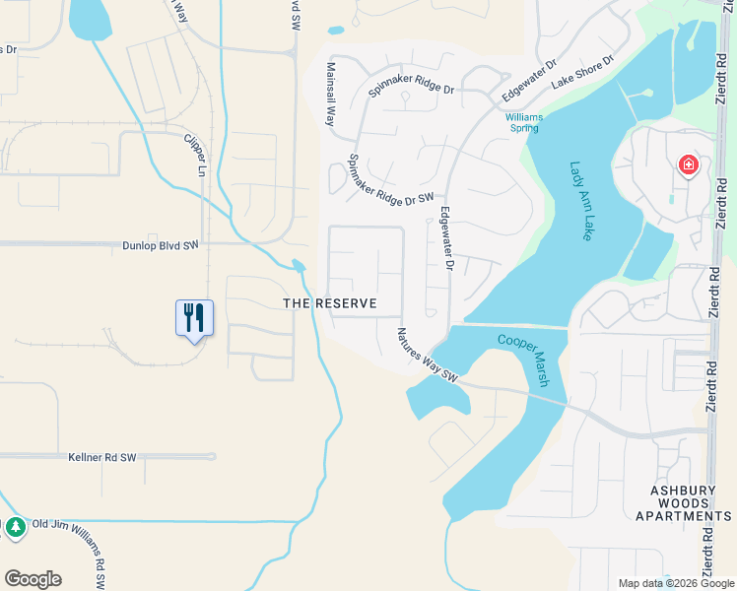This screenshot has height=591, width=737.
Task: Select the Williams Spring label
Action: (524, 123)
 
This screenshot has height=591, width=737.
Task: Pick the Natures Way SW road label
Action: (429, 356)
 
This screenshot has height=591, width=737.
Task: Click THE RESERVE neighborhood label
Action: (329, 303)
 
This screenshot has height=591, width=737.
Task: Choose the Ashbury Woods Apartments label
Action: (684, 502)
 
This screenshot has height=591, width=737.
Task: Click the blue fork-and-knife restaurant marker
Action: (194, 317)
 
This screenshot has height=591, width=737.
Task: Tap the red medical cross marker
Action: (687, 164)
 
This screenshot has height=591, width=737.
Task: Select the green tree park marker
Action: (15, 527)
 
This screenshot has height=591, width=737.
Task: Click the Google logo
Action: (33, 579)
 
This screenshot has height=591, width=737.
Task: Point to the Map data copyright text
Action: (676, 583)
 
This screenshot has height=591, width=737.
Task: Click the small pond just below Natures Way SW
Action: (434, 398)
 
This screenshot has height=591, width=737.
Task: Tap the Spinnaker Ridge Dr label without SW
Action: (411, 87)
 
